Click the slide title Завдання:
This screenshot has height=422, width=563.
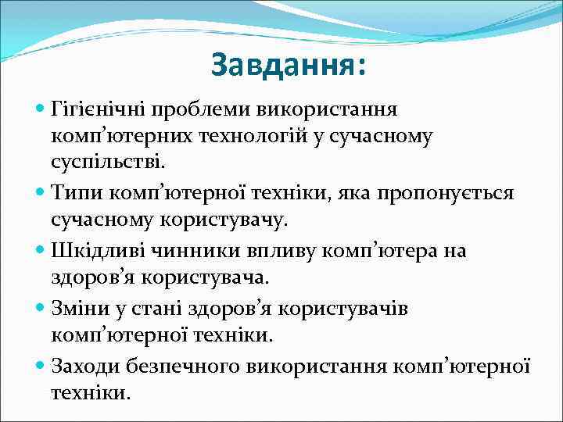(x=288, y=65)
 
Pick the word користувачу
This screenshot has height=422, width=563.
(x=226, y=220)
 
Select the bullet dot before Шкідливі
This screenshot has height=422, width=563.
(x=41, y=249)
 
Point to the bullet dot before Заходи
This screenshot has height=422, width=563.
(x=41, y=363)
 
